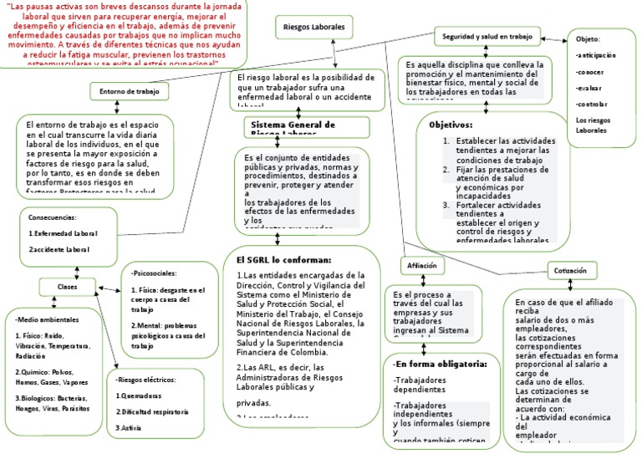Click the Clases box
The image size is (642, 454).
pyautogui.click(x=66, y=287)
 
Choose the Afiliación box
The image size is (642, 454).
pyautogui.click(x=422, y=266)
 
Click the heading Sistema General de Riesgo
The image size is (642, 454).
pyautogui.click(x=293, y=125)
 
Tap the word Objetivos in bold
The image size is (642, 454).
pyautogui.click(x=451, y=125)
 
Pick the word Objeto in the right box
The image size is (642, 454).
pyautogui.click(x=588, y=39)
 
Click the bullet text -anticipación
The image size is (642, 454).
pyautogui.click(x=596, y=55)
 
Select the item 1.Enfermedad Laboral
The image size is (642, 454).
pyautogui.click(x=63, y=233)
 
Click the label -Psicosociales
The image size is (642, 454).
pyautogui.click(x=153, y=273)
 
